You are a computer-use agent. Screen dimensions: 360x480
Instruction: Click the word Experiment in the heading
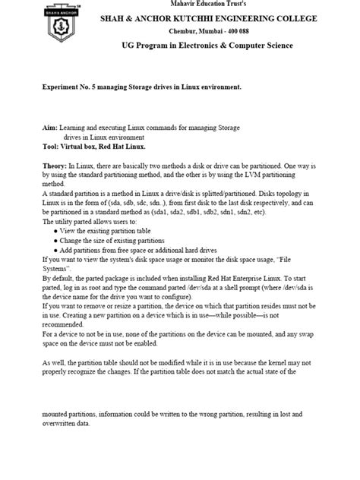(65, 87)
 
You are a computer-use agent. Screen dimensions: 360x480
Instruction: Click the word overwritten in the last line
(63, 423)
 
